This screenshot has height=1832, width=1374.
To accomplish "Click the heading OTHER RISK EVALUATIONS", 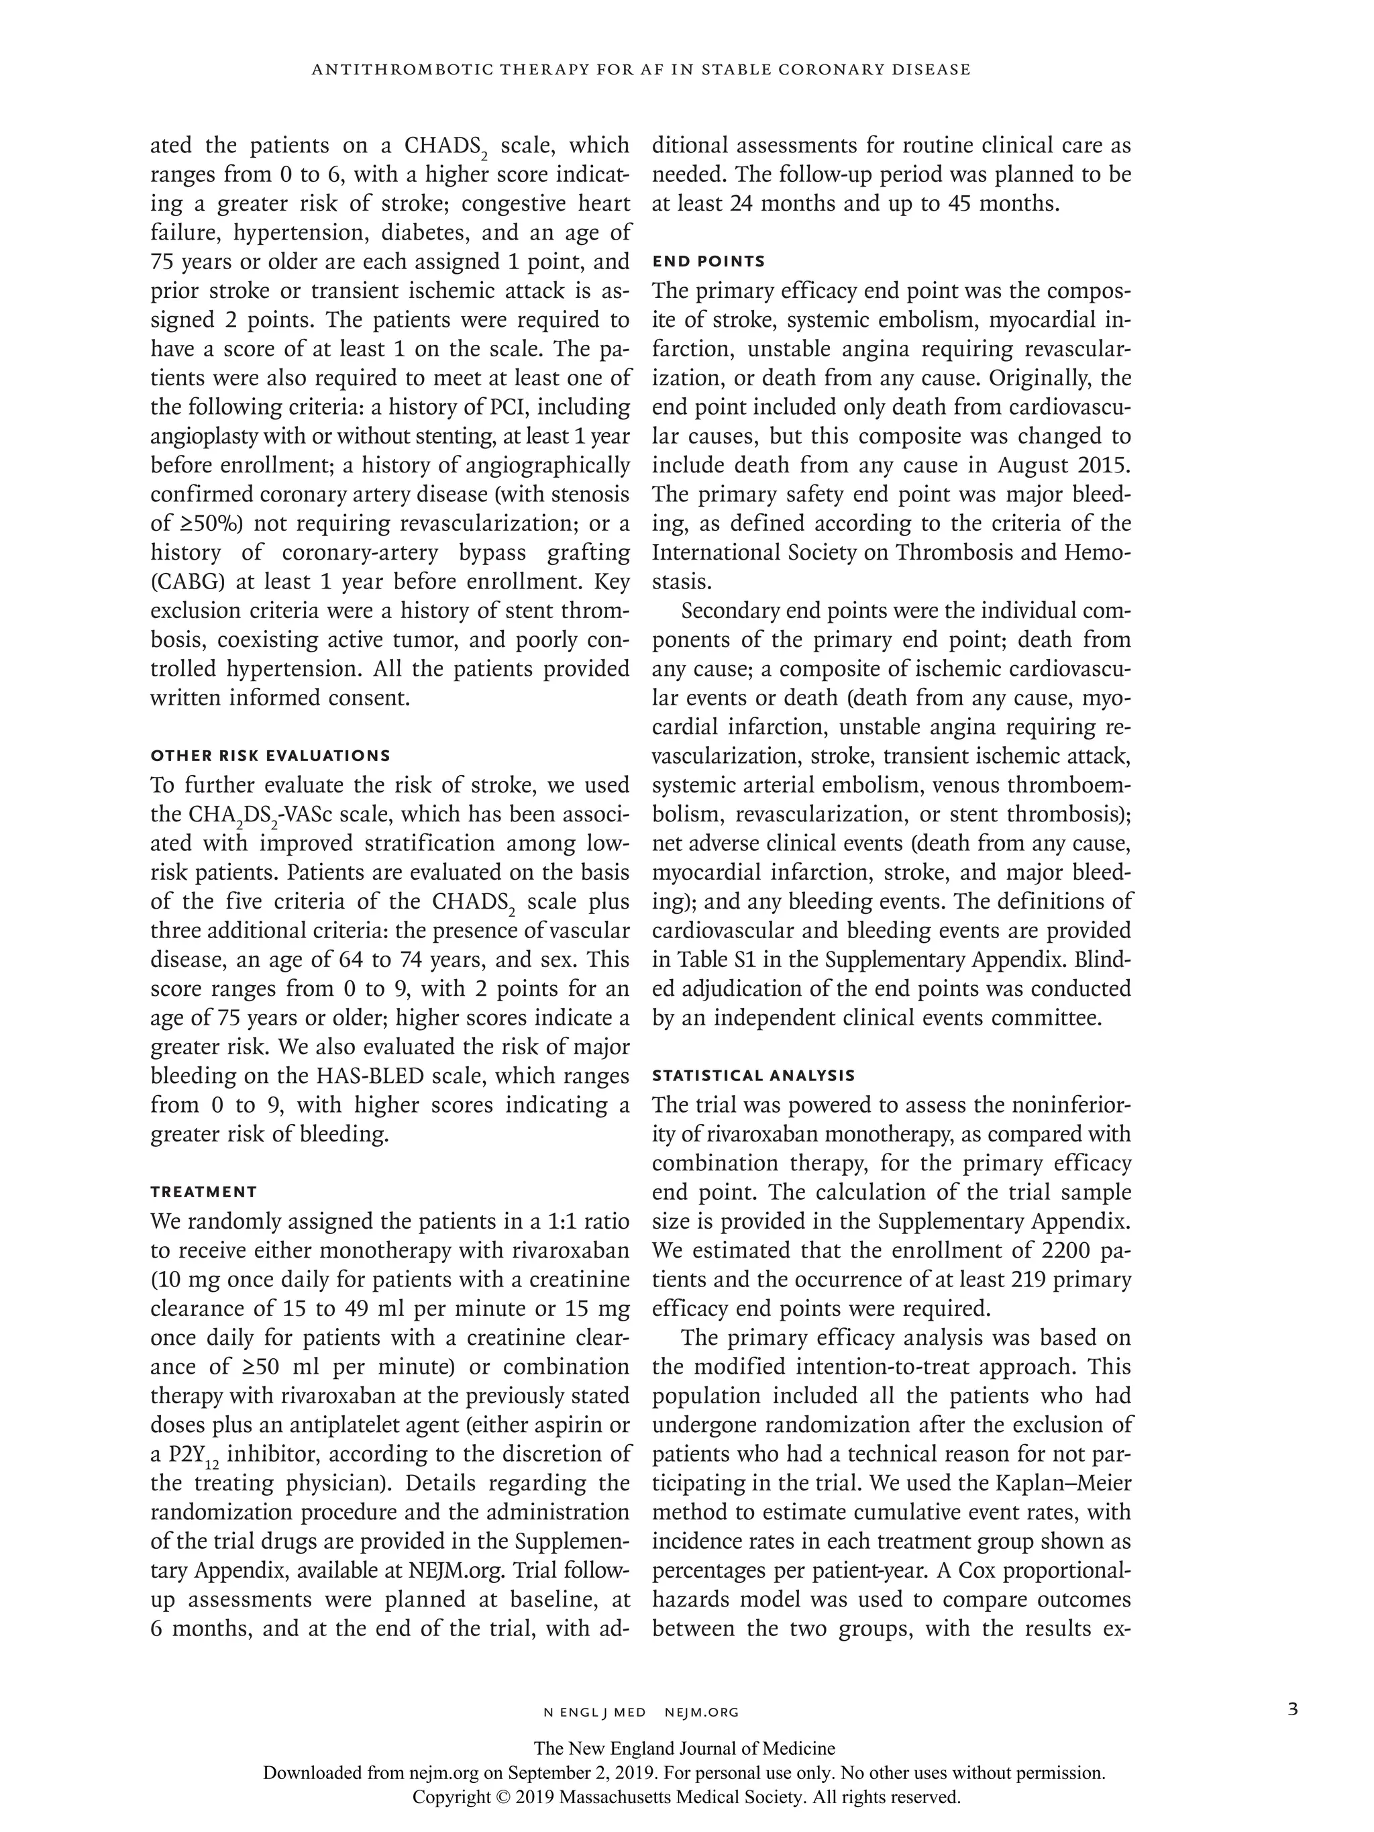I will (x=269, y=756).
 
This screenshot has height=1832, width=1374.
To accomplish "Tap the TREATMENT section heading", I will (x=204, y=1192).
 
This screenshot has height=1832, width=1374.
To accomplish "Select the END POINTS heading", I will (x=708, y=262).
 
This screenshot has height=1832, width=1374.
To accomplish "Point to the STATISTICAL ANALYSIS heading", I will (x=753, y=1076).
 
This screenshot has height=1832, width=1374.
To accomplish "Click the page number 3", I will (x=1293, y=1711).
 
